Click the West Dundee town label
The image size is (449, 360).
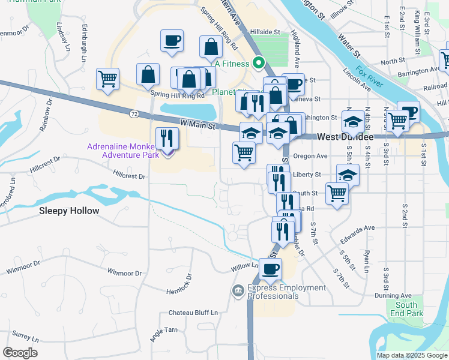click(345, 137)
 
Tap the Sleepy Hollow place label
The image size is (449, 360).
click(69, 211)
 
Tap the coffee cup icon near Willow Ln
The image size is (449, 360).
click(271, 269)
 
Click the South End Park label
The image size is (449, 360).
click(406, 309)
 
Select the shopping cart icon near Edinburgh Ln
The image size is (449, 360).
click(107, 79)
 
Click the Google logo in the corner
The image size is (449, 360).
click(20, 353)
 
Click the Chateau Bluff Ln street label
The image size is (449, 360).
click(193, 313)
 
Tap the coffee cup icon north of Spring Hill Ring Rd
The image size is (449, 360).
click(172, 41)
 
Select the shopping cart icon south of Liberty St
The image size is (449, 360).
click(337, 194)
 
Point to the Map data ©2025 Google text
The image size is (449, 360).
click(411, 355)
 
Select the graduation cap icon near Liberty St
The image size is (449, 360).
click(348, 175)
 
